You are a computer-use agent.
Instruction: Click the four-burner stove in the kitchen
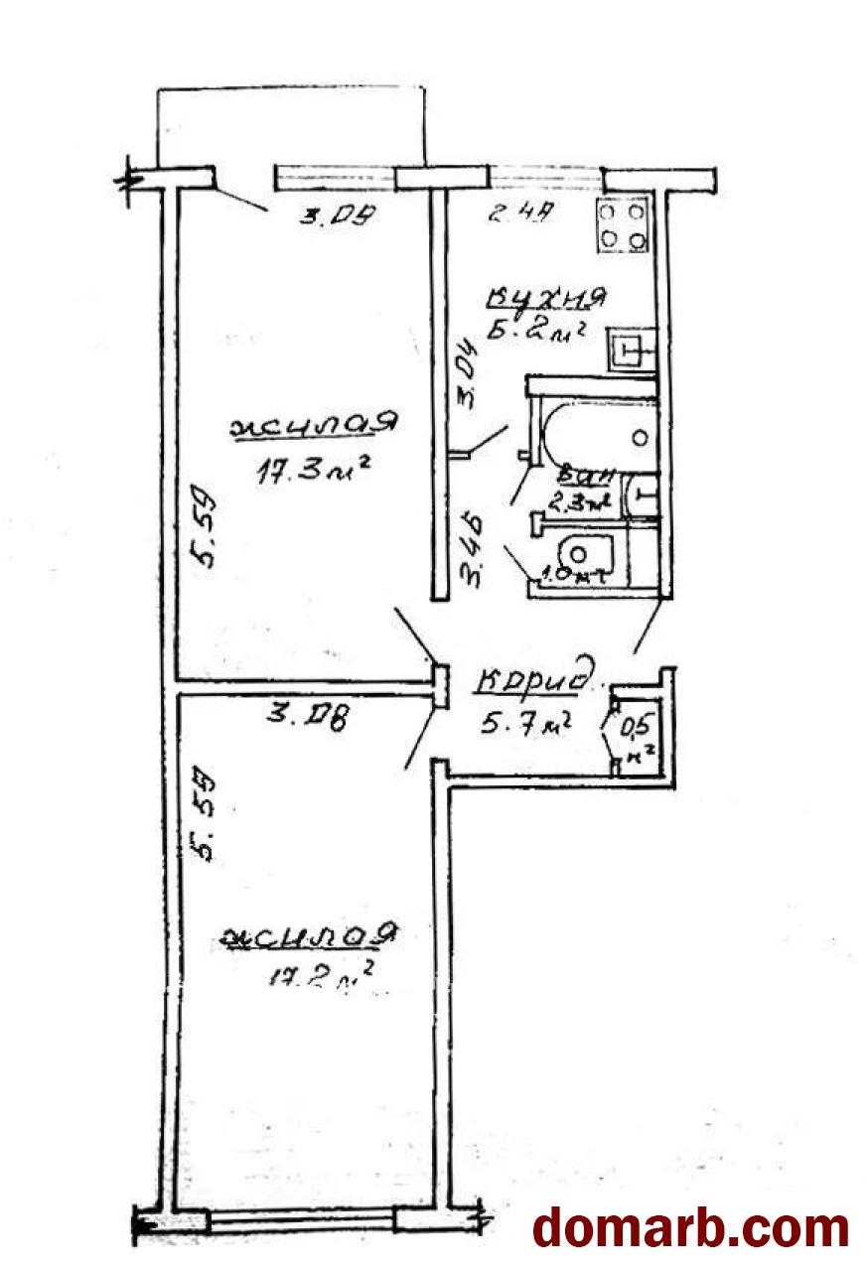click(623, 225)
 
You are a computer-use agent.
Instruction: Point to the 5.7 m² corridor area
click(525, 724)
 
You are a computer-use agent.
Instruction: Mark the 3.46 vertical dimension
click(475, 546)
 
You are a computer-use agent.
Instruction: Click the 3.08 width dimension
click(307, 714)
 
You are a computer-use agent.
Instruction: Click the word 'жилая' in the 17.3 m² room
click(313, 425)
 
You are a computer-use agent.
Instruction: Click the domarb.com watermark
click(691, 1227)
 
